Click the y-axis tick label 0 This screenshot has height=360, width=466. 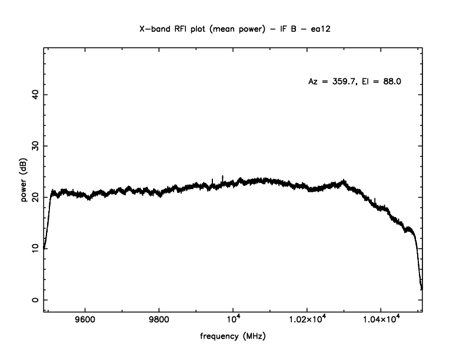click(x=35, y=300)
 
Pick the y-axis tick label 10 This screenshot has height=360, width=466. click(x=35, y=249)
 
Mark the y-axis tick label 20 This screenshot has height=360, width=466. click(x=35, y=197)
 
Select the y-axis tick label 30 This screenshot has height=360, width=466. click(x=35, y=146)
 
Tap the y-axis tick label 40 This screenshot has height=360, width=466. click(x=35, y=95)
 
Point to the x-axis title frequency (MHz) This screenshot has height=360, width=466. click(x=233, y=336)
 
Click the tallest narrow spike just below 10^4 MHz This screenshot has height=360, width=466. click(x=222, y=176)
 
